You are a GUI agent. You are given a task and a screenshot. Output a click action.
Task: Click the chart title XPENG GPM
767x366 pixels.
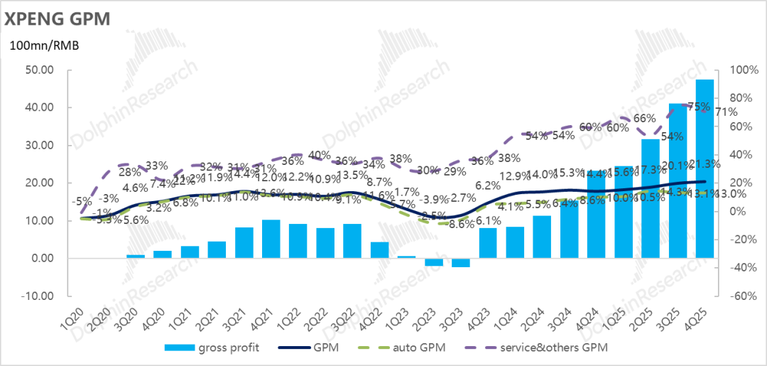click(58, 18)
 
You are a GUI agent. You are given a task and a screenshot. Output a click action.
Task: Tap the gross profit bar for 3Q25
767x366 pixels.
click(678, 181)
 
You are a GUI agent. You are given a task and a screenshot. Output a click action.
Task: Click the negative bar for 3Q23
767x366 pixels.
click(460, 263)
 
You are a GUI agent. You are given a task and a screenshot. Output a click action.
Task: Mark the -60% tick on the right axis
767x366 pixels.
click(739, 296)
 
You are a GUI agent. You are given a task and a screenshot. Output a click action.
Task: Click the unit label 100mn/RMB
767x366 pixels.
click(43, 46)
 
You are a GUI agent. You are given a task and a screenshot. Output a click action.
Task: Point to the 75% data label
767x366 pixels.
click(700, 107)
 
